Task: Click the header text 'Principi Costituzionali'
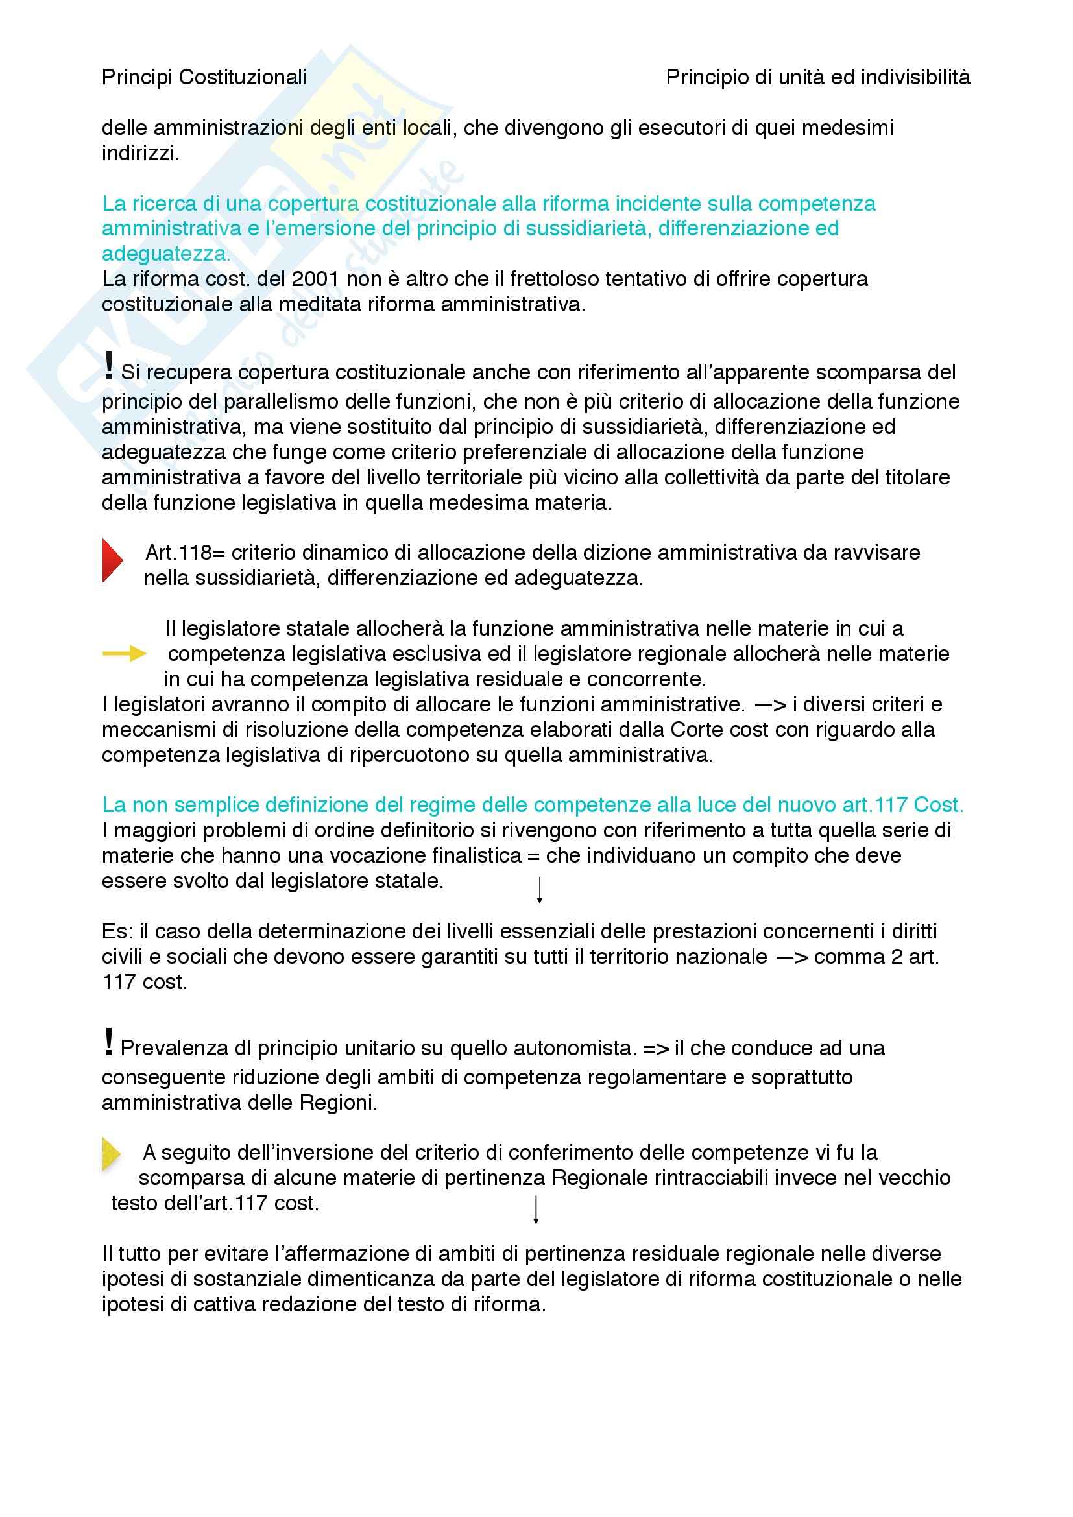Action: pyautogui.click(x=204, y=78)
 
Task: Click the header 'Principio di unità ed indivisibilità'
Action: pyautogui.click(x=817, y=78)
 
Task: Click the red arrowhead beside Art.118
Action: pyautogui.click(x=112, y=561)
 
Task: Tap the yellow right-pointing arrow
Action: pyautogui.click(x=124, y=654)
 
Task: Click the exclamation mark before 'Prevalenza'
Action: pyautogui.click(x=109, y=1042)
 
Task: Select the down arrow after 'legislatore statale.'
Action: pyautogui.click(x=539, y=890)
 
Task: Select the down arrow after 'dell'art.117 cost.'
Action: pyautogui.click(x=536, y=1210)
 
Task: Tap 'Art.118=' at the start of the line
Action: pyautogui.click(x=176, y=553)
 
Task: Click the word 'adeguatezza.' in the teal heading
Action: pyautogui.click(x=166, y=254)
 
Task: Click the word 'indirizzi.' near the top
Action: pyautogui.click(x=140, y=153)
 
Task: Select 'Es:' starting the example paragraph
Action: pyautogui.click(x=117, y=931)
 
